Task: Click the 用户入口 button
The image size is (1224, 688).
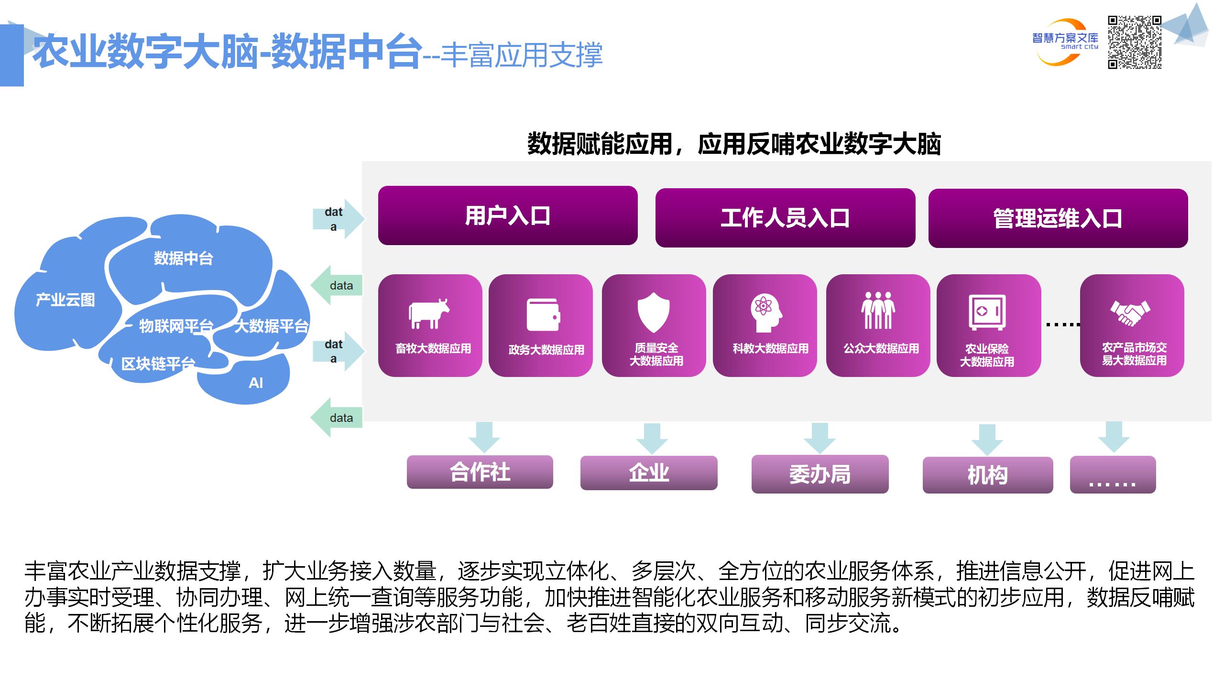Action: pos(507,215)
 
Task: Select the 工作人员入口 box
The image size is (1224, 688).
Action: pos(785,218)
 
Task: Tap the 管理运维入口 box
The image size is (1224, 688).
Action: pos(1058,218)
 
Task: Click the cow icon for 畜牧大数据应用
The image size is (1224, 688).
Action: pos(429,314)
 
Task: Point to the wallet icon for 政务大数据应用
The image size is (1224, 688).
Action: pos(543,314)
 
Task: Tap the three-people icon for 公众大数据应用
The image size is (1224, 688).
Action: pos(878,311)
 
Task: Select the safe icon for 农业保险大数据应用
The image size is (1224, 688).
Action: pos(987,312)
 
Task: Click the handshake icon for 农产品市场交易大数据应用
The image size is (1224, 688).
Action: pos(1130,313)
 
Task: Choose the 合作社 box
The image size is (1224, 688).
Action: pos(480,472)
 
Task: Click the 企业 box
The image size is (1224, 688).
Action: pos(648,473)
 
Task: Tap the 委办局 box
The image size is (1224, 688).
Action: pos(820,474)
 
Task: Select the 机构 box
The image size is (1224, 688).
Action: pos(987,475)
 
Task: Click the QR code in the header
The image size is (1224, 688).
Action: pos(1134,42)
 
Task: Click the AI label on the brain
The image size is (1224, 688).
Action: pos(256,383)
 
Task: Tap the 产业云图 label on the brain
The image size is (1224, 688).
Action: pos(66,300)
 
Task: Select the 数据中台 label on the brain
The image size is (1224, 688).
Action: pos(183,258)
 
